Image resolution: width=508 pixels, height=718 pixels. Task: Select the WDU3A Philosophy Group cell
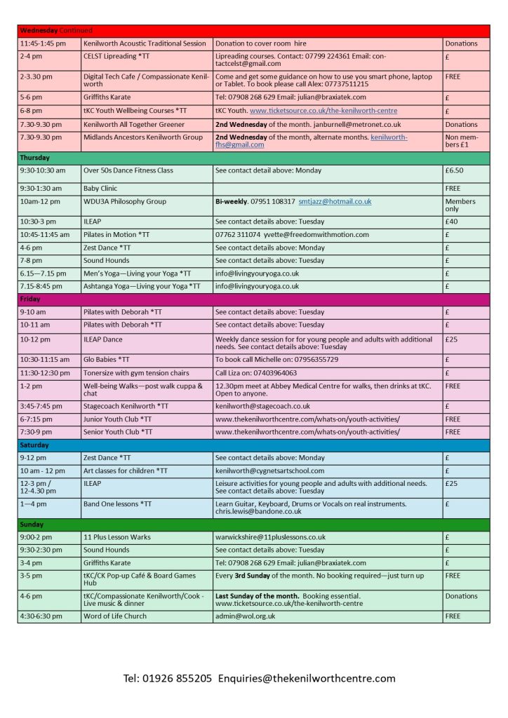click(125, 201)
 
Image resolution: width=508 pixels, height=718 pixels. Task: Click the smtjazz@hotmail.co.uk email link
click(335, 201)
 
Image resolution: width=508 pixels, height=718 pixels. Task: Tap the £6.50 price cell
click(455, 170)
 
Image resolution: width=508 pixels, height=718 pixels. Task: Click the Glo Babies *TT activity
click(106, 359)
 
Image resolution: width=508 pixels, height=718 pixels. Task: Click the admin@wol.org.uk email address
click(245, 616)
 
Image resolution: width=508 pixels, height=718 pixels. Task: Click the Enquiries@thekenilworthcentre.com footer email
click(307, 678)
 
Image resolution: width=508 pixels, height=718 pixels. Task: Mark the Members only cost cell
click(460, 205)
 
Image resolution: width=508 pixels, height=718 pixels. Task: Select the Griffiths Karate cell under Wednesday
click(107, 97)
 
